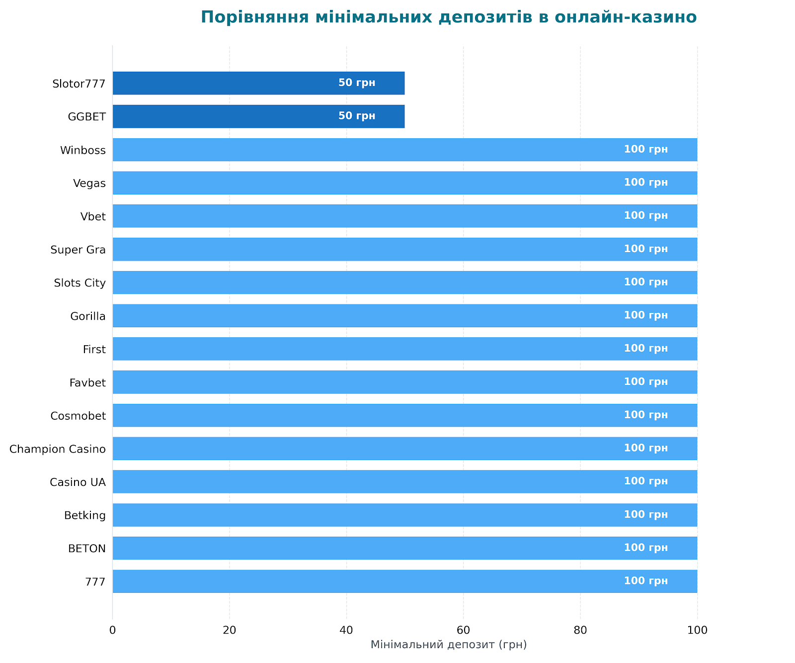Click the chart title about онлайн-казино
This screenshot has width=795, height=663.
tap(448, 17)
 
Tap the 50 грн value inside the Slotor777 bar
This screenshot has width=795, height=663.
tap(357, 83)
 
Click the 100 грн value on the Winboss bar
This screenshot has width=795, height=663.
tap(645, 150)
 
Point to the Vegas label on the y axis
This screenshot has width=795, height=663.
tap(89, 184)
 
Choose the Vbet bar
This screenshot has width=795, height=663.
tap(404, 216)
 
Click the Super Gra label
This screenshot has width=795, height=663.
tap(78, 250)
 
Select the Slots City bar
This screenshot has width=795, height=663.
tap(404, 283)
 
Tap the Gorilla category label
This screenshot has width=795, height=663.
tap(88, 316)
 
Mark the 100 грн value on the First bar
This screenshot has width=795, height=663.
tap(645, 349)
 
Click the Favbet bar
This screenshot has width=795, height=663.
tap(404, 382)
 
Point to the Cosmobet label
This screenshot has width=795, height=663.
tap(78, 416)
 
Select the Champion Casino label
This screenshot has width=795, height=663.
tap(58, 449)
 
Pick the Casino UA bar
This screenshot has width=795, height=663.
tap(404, 481)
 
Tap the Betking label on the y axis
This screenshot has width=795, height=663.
tap(85, 515)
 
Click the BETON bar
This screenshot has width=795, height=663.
tap(404, 548)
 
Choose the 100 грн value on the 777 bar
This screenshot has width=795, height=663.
tap(645, 581)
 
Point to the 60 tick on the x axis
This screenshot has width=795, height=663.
tap(463, 630)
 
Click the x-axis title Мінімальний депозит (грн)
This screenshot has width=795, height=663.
tap(448, 645)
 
